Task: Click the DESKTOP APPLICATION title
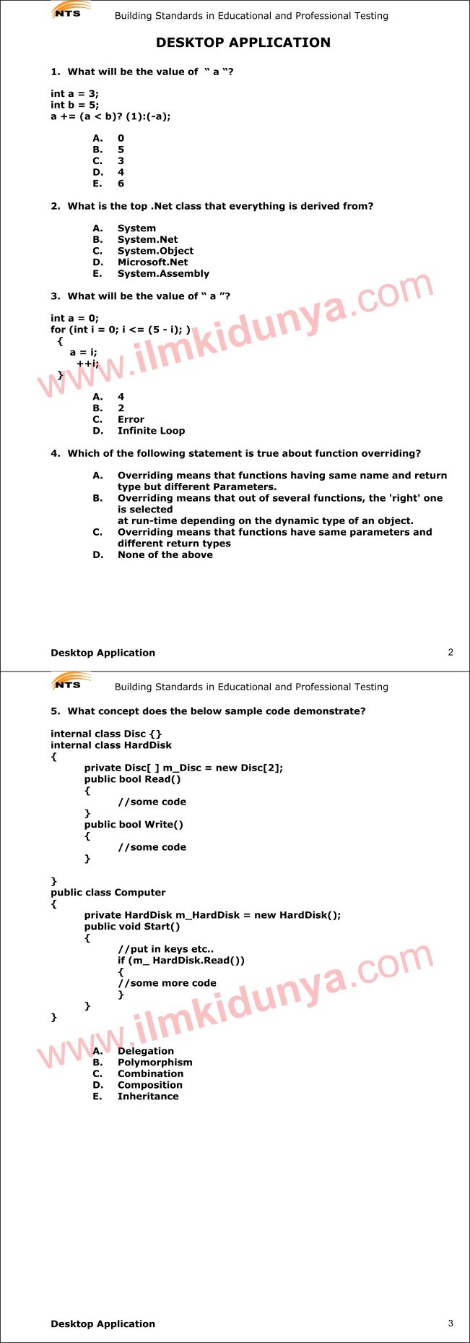(243, 43)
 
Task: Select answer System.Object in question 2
(155, 251)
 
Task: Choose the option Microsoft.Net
(152, 262)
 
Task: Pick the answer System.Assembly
(163, 274)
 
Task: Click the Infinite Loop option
(151, 431)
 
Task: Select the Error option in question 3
(131, 419)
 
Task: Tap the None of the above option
(165, 555)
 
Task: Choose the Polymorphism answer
(155, 1063)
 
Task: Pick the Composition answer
(149, 1085)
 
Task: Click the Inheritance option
(148, 1097)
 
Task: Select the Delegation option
(145, 1051)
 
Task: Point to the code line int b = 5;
(74, 105)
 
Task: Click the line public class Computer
(108, 893)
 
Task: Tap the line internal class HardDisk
(110, 745)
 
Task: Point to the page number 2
(451, 652)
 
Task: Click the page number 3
(451, 1323)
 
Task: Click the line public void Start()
(131, 927)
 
